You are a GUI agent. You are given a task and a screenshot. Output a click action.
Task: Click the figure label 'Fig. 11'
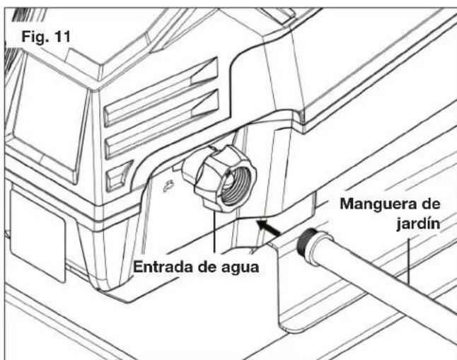pyautogui.click(x=46, y=37)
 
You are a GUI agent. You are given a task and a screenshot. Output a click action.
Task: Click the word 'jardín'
pyautogui.click(x=418, y=224)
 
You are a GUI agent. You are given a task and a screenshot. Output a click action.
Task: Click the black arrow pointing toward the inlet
pyautogui.click(x=268, y=228)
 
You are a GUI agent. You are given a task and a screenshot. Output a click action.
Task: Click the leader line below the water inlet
pyautogui.click(x=214, y=232)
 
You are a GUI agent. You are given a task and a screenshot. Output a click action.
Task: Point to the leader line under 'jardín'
pyautogui.click(x=409, y=262)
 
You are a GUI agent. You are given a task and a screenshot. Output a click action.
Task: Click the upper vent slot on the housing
pyautogui.click(x=161, y=92)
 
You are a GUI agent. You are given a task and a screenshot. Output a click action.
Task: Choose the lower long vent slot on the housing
pyautogui.click(x=162, y=124)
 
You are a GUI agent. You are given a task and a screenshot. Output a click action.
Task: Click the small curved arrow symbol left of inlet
pyautogui.click(x=169, y=186)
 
